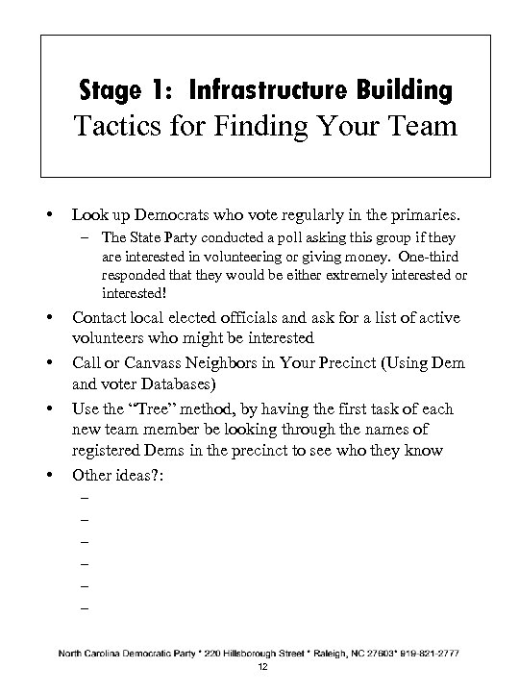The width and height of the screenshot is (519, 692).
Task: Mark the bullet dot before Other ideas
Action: pyautogui.click(x=47, y=475)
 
